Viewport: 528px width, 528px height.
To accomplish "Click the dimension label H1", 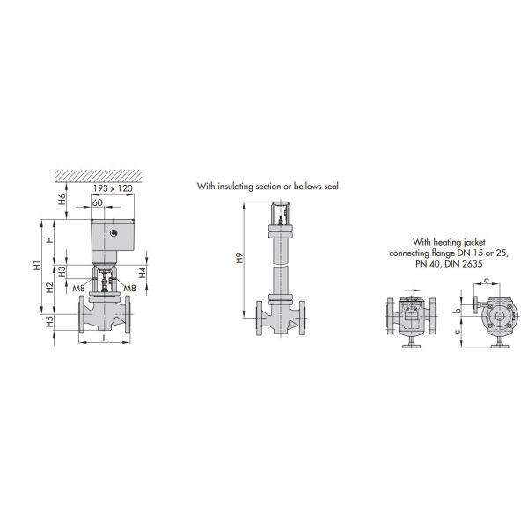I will click(37, 265).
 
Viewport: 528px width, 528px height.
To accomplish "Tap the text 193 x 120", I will click(113, 189).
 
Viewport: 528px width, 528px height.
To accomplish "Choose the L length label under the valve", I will click(104, 338).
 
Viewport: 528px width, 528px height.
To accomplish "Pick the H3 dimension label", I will click(62, 272).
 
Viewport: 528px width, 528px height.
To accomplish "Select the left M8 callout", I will click(78, 288).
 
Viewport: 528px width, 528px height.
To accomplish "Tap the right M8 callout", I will click(129, 288).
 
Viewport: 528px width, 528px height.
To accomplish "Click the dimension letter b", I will click(457, 310).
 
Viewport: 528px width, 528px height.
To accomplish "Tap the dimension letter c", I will click(457, 333).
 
